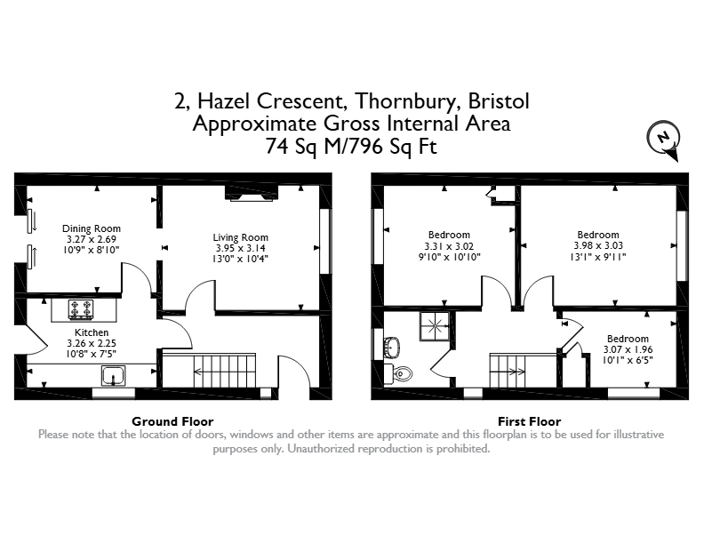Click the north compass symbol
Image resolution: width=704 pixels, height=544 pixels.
point(663,140)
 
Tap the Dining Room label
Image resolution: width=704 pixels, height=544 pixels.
point(92,228)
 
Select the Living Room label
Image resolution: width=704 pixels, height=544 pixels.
point(240,237)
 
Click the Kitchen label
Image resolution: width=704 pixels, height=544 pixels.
point(92,332)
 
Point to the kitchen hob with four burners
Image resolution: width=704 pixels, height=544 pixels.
point(81,309)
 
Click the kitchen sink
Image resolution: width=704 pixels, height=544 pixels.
point(114,376)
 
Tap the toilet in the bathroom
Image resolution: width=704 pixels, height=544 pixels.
point(401,373)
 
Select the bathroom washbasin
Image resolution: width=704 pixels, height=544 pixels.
point(392,347)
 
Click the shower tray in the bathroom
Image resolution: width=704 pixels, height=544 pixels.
point(434,326)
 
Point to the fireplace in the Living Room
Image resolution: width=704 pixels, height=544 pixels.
point(252,193)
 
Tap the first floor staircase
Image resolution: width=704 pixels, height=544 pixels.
point(508,371)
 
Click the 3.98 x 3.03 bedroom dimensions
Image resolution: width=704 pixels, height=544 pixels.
point(598,245)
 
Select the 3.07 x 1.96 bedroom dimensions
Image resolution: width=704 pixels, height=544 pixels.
point(628,349)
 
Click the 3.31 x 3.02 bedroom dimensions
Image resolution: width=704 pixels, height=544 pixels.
point(449,246)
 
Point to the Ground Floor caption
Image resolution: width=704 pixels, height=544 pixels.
point(172,421)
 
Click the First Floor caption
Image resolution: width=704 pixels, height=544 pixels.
point(530,421)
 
